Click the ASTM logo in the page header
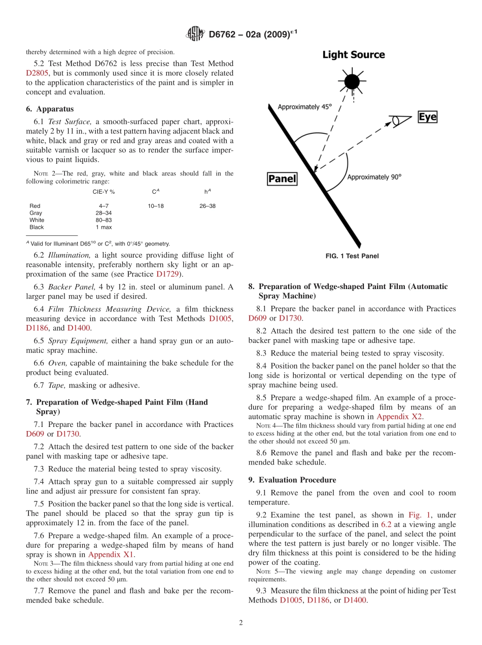tap(195, 34)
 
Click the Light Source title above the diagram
tap(353, 55)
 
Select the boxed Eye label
tap(427, 117)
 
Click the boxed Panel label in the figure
tap(282, 179)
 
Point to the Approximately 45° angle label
tap(304, 107)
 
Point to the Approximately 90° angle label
tap(374, 177)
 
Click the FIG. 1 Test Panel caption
tap(352, 256)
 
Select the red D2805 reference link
tap(37, 73)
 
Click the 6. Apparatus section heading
tap(50, 109)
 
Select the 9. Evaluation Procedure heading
tap(292, 480)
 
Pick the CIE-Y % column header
tap(104, 192)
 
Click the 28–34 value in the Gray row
tap(104, 213)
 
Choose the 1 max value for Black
tap(104, 227)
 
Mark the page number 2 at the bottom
tap(241, 623)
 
